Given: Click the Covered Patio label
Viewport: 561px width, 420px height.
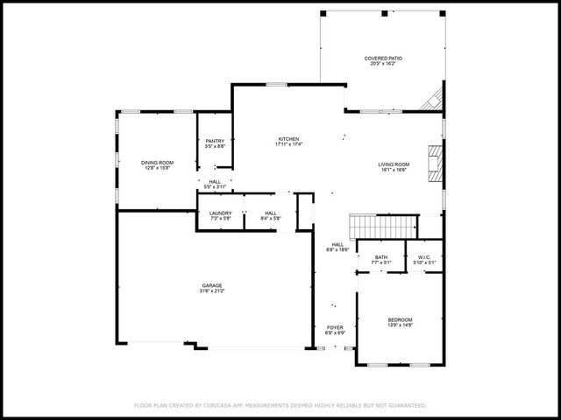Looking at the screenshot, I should pyautogui.click(x=383, y=59).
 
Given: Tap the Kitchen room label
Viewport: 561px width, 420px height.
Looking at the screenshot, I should pyautogui.click(x=289, y=139).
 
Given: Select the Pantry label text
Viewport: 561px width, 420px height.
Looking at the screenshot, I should pyautogui.click(x=215, y=141).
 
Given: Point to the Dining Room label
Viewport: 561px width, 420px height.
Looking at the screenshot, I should pyautogui.click(x=158, y=162).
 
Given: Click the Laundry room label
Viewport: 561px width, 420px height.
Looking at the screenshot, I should pyautogui.click(x=220, y=213).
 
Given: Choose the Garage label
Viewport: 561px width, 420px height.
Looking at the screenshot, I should pyautogui.click(x=212, y=285).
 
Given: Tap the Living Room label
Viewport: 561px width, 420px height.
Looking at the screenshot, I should pyautogui.click(x=394, y=164).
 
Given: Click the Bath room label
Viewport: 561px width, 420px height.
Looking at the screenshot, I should pyautogui.click(x=380, y=257).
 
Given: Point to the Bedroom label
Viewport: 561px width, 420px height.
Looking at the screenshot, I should pyautogui.click(x=400, y=320).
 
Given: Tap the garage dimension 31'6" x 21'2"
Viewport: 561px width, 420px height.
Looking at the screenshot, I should pyautogui.click(x=212, y=291).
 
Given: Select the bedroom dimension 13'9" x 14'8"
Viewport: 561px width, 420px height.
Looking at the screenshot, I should pyautogui.click(x=400, y=326).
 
